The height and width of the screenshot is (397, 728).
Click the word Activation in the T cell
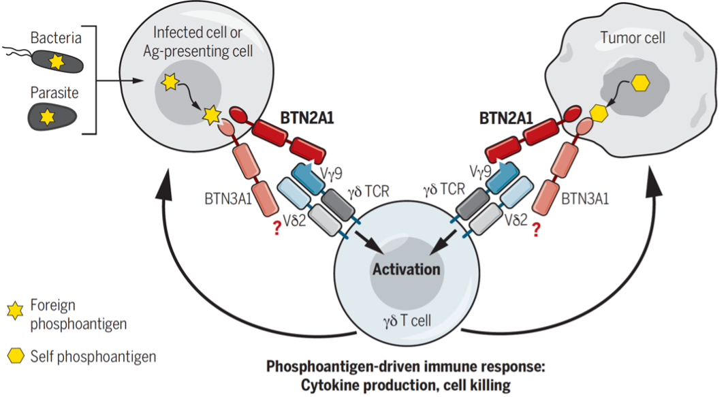[x=406, y=269]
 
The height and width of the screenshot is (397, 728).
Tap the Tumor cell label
[x=633, y=38]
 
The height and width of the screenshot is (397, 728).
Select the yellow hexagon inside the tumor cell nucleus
[x=640, y=83]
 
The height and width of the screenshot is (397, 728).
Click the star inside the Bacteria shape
[x=55, y=62]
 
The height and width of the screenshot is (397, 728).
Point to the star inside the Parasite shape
[x=47, y=117]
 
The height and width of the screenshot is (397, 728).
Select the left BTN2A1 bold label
[x=306, y=117]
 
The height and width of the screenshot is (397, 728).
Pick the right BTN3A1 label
[x=585, y=199]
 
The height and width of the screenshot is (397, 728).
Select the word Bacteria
[x=56, y=37]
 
